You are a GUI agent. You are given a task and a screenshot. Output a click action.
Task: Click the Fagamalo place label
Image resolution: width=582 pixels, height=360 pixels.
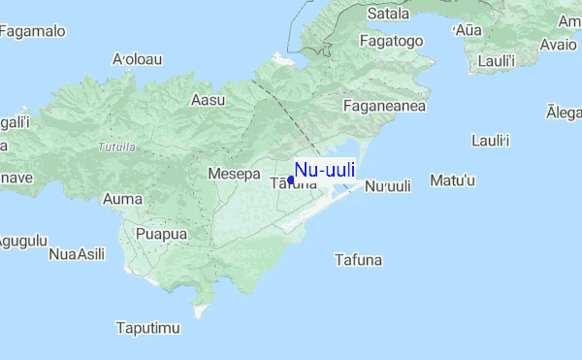click(33, 31)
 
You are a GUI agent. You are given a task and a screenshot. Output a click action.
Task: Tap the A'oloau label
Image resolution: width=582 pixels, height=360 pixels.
click(137, 59)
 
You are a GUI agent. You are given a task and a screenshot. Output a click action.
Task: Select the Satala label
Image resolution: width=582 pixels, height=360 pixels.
click(389, 15)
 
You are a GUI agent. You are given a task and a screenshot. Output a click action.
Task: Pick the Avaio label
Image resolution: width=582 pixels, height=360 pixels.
click(558, 45)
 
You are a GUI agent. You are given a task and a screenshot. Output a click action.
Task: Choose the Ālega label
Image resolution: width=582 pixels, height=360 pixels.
click(565, 114)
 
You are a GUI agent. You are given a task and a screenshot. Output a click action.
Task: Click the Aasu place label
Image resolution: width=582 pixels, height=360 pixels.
click(208, 99)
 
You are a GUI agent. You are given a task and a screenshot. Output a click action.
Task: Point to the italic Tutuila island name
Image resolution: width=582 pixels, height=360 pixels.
click(117, 147)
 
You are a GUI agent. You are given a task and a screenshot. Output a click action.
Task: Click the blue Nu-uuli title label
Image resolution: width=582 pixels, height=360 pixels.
click(325, 170)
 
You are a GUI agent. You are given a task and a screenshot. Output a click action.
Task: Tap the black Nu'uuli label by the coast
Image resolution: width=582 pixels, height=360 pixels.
click(388, 186)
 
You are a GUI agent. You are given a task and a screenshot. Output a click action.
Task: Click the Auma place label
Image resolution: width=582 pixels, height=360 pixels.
click(122, 199)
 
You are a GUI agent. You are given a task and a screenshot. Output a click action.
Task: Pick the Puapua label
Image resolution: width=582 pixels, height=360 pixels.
click(161, 234)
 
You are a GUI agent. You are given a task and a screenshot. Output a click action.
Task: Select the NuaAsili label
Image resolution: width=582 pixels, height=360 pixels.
click(76, 254)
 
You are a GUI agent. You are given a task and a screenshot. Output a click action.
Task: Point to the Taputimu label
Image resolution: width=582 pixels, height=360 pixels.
click(147, 328)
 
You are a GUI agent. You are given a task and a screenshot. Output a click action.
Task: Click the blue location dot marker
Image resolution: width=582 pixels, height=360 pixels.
click(291, 180)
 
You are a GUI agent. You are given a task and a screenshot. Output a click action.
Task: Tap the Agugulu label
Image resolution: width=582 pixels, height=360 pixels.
click(21, 240)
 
